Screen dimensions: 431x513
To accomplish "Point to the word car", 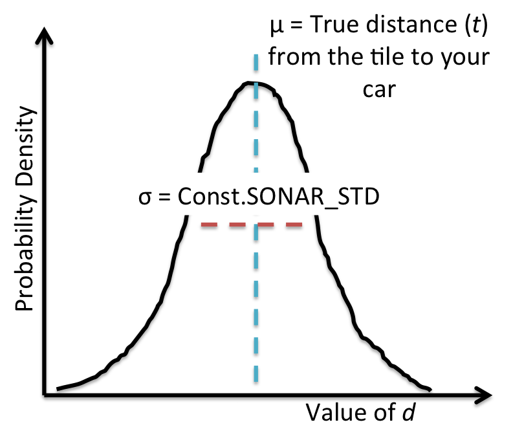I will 378,88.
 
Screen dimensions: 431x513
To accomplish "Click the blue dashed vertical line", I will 257,291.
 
